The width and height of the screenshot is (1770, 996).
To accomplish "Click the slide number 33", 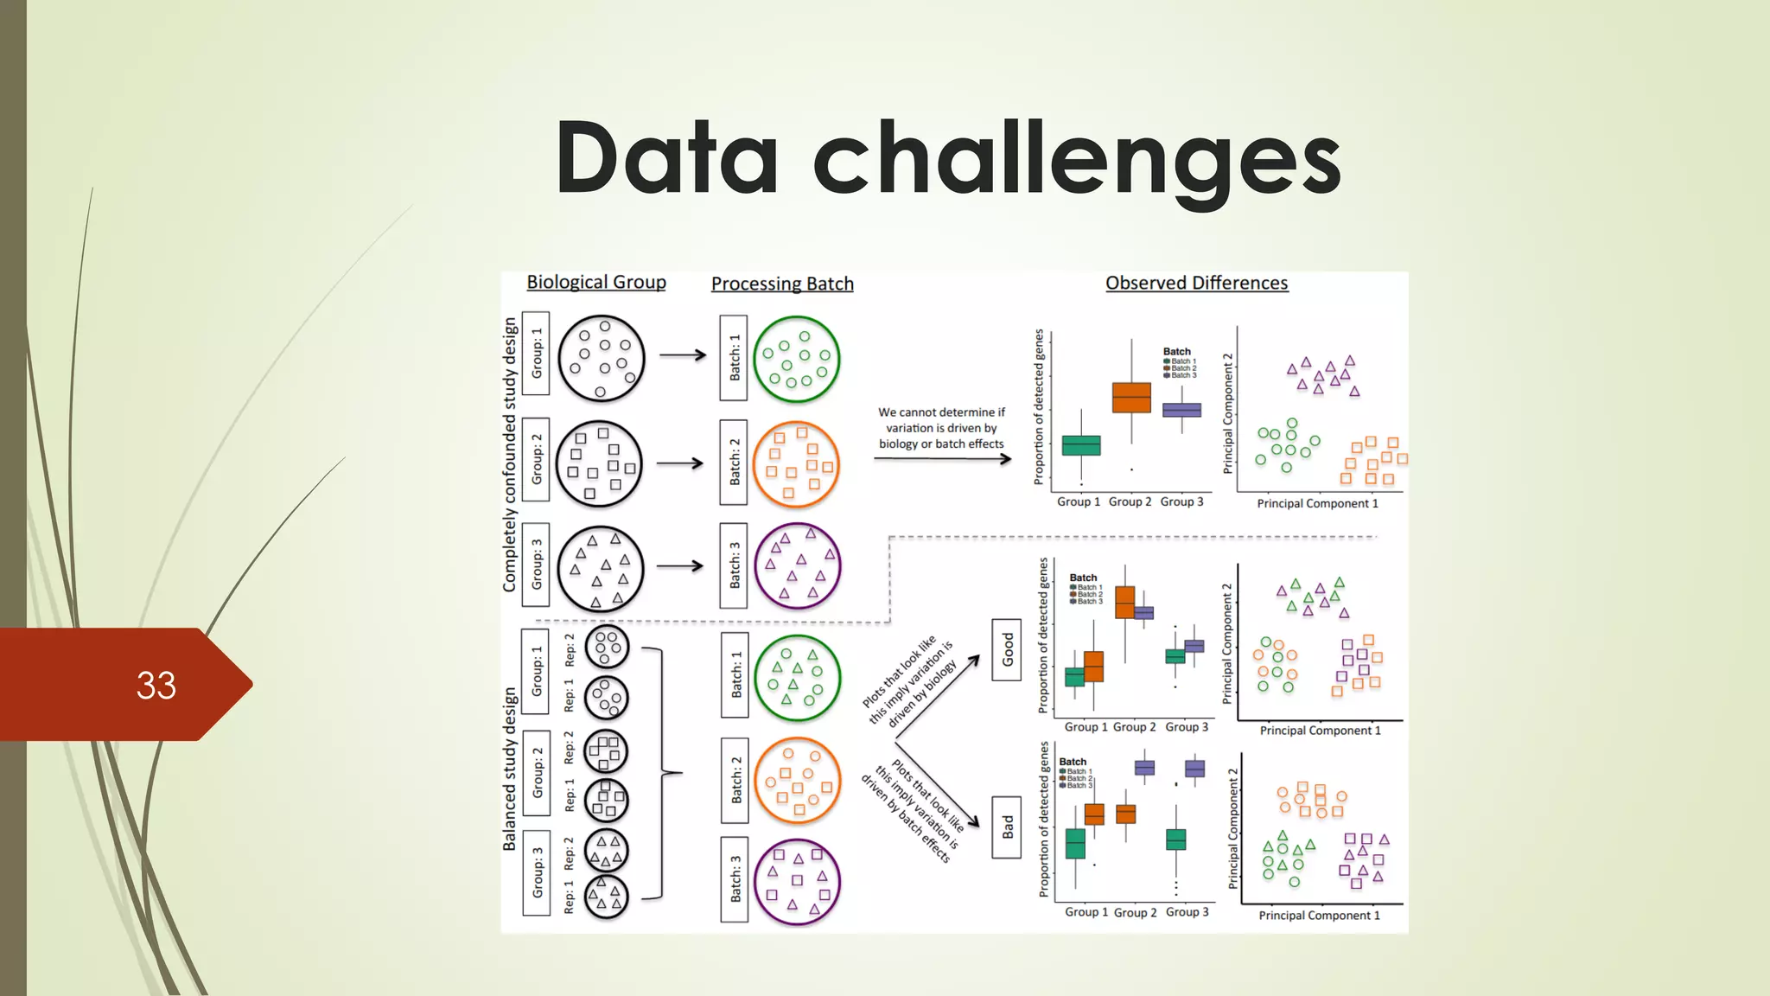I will click(x=156, y=686).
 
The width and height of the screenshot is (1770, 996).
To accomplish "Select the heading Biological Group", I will click(x=596, y=282).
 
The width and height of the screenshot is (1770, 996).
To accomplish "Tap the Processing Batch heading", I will click(x=782, y=284).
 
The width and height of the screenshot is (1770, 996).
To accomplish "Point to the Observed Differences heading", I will click(x=1197, y=283).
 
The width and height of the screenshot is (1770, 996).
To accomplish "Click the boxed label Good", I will click(x=1007, y=649).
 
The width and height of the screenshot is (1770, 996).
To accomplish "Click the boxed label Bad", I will click(x=1007, y=827).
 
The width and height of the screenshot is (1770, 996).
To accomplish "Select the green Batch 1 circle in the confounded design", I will click(x=797, y=359).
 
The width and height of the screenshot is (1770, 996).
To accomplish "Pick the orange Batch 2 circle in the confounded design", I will click(x=797, y=464).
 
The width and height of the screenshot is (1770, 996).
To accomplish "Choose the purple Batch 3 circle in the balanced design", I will click(x=797, y=882).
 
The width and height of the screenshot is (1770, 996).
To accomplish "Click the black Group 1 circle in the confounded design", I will click(x=602, y=358).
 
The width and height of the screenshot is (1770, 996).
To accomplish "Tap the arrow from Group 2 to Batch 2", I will click(x=680, y=463).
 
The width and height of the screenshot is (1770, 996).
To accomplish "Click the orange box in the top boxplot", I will click(x=1131, y=398).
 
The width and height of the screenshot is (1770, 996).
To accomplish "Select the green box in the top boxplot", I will click(x=1081, y=445).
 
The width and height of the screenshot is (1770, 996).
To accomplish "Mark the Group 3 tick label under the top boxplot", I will click(x=1181, y=501).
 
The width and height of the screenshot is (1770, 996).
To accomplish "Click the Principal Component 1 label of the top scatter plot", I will click(x=1317, y=503).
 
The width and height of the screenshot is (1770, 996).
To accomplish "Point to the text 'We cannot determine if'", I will click(x=942, y=412).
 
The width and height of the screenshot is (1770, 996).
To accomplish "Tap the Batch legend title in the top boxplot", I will click(x=1177, y=352).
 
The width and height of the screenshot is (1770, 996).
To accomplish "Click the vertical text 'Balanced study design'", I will click(x=510, y=769).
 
